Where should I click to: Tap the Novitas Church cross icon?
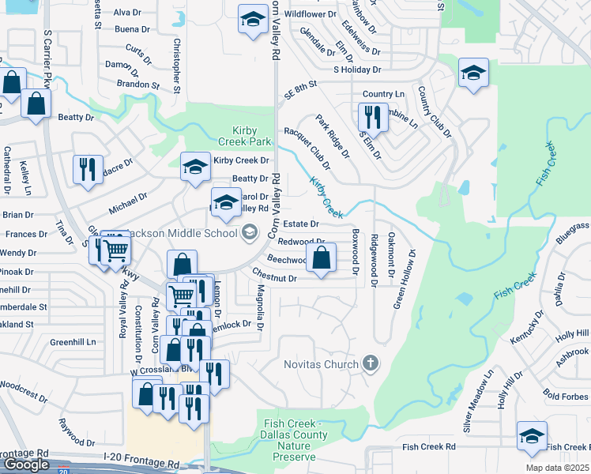click(x=369, y=364)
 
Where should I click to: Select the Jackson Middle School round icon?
click(x=250, y=232)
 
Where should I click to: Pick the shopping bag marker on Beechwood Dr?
click(x=321, y=258)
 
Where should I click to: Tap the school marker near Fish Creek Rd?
click(x=532, y=435)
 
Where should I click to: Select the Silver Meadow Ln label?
click(x=479, y=401)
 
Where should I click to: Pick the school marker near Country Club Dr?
click(x=472, y=73)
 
